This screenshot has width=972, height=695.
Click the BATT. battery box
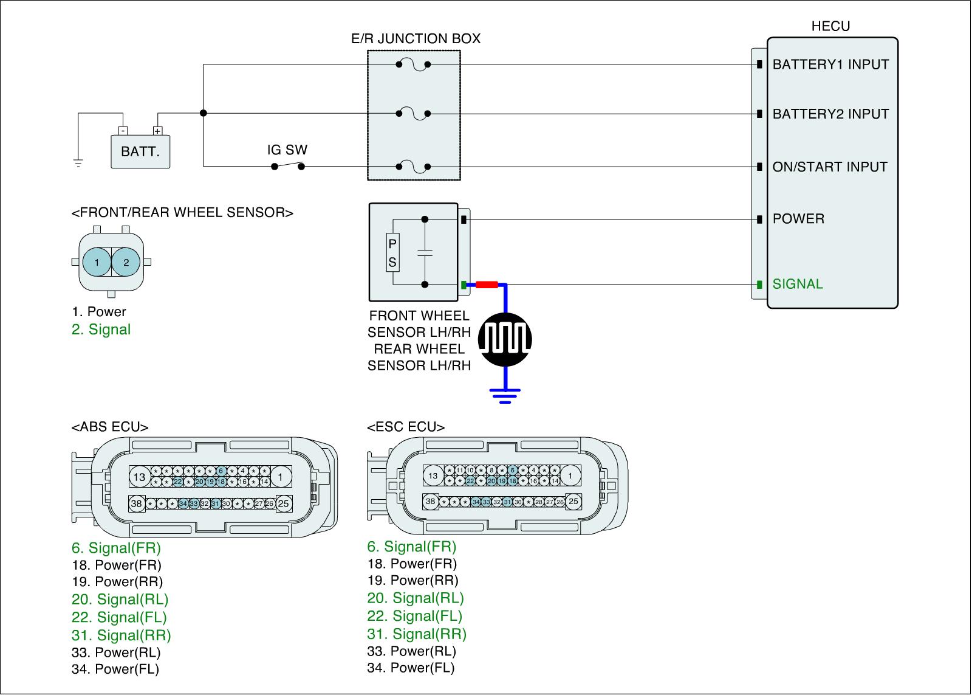(x=140, y=151)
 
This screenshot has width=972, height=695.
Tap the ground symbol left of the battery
(x=78, y=162)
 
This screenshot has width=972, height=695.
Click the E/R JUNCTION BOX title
(x=416, y=39)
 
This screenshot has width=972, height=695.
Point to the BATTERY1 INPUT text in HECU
(x=830, y=64)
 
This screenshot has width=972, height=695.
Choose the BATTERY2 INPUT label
(x=830, y=114)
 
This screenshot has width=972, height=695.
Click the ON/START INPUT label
(x=830, y=167)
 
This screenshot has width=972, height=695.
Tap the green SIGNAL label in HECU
(x=798, y=284)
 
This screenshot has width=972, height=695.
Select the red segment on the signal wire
(x=487, y=284)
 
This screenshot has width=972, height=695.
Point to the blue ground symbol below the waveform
(x=505, y=395)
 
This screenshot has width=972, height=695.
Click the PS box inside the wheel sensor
(x=392, y=252)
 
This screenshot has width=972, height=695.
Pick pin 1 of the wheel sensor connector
(x=97, y=263)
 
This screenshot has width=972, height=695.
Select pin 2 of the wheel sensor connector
(x=126, y=263)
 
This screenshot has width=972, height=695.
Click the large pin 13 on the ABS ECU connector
(x=140, y=477)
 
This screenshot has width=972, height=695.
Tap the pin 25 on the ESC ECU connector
(x=573, y=502)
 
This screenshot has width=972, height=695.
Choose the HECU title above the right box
(x=830, y=26)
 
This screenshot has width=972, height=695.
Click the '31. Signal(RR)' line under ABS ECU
(x=122, y=635)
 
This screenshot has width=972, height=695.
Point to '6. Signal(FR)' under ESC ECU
(x=412, y=547)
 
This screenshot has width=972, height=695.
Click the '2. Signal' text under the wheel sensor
(x=101, y=330)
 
